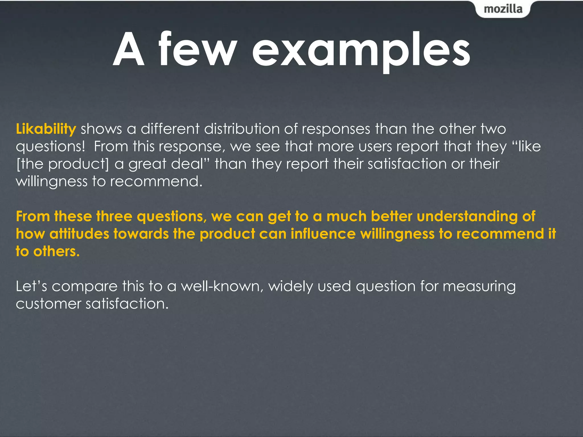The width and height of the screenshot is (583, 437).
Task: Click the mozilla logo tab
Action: pos(503,9)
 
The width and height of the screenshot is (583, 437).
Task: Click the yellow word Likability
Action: pos(46,129)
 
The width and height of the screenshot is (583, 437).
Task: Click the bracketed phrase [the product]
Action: pos(63,164)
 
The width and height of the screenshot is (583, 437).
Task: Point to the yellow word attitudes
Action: pos(79,234)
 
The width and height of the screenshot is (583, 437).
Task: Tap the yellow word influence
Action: pos(323,234)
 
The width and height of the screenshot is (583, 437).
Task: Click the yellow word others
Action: pos(56,252)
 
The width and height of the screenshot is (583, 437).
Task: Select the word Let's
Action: pos(31,286)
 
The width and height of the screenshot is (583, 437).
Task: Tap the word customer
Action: pos(48,304)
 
